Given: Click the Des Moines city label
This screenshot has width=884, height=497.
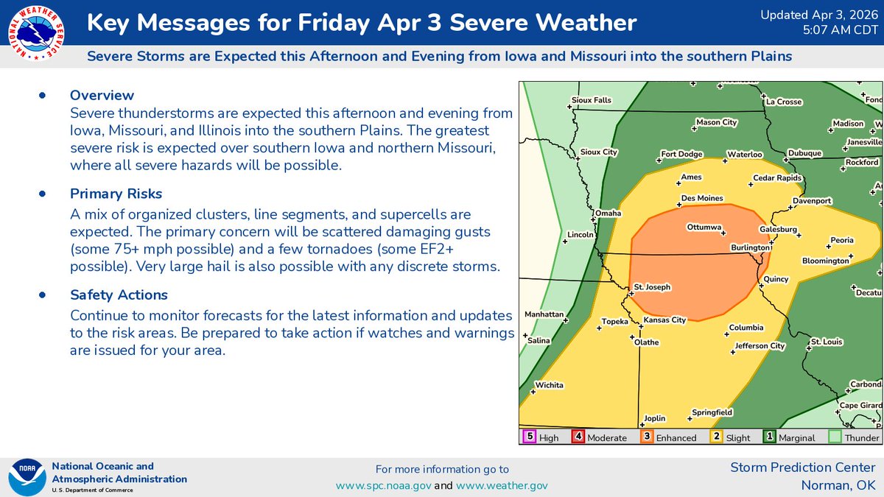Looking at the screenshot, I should point(702,199).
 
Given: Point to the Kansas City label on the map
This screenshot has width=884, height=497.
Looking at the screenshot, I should point(664,320).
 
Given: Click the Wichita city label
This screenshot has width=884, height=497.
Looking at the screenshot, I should point(550,385).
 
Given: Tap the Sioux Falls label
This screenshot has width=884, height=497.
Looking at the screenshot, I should point(592,100).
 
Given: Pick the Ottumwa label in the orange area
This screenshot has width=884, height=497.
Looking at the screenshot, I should point(704,227).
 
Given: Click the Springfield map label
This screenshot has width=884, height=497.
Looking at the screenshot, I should point(712,412).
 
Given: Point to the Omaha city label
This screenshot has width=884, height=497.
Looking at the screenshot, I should point(608,214).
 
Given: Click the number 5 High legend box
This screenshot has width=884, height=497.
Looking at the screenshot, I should point(528,437).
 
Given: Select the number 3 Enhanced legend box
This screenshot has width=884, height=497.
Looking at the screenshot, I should point(646,437).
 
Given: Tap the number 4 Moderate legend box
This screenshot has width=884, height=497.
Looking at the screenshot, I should point(578,437).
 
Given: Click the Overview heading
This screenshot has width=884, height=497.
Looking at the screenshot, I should point(102,95).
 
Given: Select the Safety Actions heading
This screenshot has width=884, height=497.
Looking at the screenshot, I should point(119,295).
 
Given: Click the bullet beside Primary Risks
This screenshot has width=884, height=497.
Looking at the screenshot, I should point(42,194).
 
